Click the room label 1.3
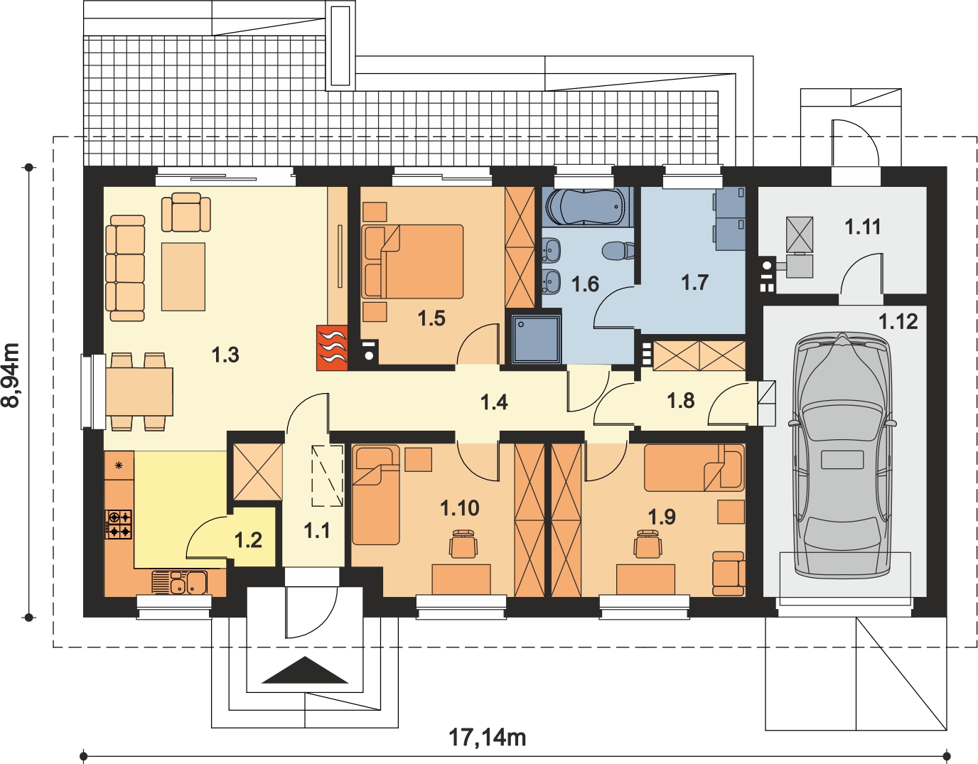[x=225, y=355]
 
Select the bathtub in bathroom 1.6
[x=586, y=207]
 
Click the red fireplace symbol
[x=332, y=348]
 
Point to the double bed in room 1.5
[x=413, y=262]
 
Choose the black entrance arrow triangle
[x=305, y=670]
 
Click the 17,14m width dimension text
[x=488, y=738]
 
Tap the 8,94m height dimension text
[x=11, y=375]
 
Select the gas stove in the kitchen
[x=119, y=524]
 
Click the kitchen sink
[x=180, y=582]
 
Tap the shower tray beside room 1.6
[x=537, y=339]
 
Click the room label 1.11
[x=863, y=227]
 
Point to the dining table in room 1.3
[x=139, y=392]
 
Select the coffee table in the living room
[x=183, y=276]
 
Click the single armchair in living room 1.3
[x=186, y=212]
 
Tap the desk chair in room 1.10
[x=463, y=544]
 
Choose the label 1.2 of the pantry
[x=249, y=540]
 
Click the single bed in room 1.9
[x=694, y=468]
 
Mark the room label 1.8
[x=680, y=400]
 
